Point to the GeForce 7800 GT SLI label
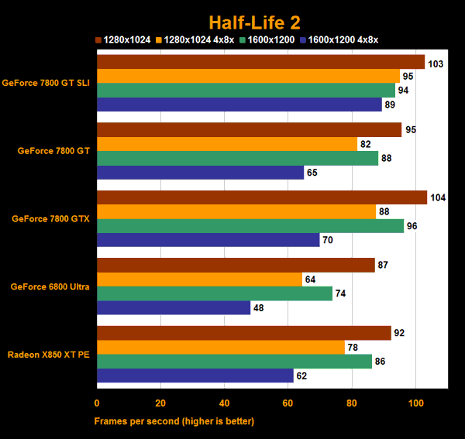click(46, 83)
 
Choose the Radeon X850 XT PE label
click(49, 355)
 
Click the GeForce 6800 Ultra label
click(50, 286)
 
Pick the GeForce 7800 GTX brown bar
click(261, 197)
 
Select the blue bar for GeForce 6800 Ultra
click(174, 307)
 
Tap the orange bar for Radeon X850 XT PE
click(221, 348)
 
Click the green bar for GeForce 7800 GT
click(237, 158)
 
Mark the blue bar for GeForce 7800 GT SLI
click(239, 105)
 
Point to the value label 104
click(439, 198)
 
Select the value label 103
click(436, 63)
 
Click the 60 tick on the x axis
click(288, 403)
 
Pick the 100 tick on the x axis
click(415, 403)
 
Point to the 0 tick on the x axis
click(97, 403)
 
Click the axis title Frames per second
click(174, 421)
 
